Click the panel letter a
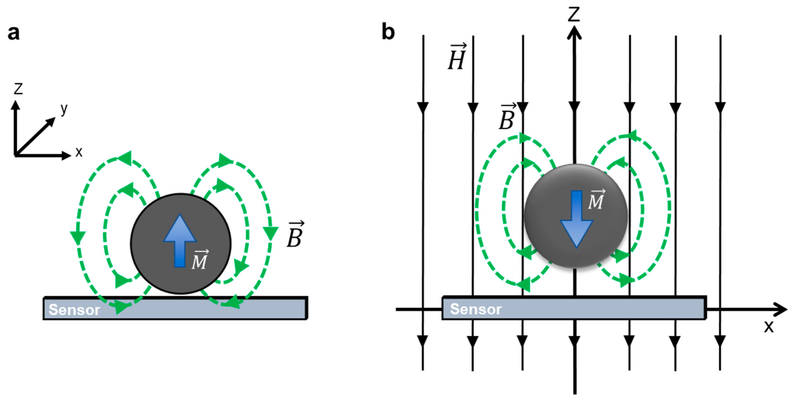(14, 33)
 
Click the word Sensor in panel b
(476, 309)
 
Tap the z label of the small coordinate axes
(18, 89)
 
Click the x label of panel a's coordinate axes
(79, 152)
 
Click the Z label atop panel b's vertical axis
(574, 14)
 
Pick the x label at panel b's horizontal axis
(769, 326)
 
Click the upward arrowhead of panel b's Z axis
(574, 32)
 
